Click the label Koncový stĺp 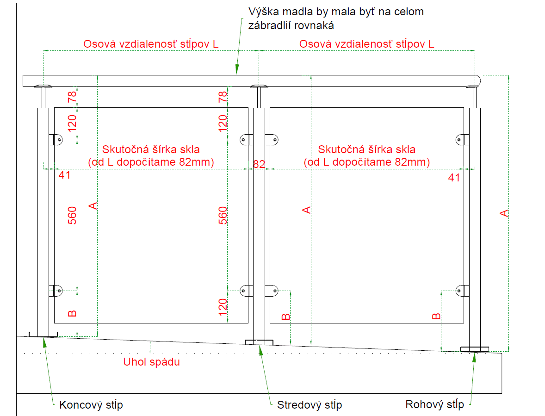[x=91, y=405]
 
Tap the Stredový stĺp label [x=310, y=405]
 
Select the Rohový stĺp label [x=434, y=404]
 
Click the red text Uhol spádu [x=151, y=362]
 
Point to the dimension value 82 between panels [x=259, y=164]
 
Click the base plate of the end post [x=43, y=334]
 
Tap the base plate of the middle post [x=259, y=342]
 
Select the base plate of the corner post [x=475, y=349]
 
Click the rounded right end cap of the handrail [x=478, y=81]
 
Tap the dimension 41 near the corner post [x=454, y=177]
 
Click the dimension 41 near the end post [x=64, y=175]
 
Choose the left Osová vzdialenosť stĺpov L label [x=150, y=44]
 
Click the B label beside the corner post [x=436, y=317]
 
